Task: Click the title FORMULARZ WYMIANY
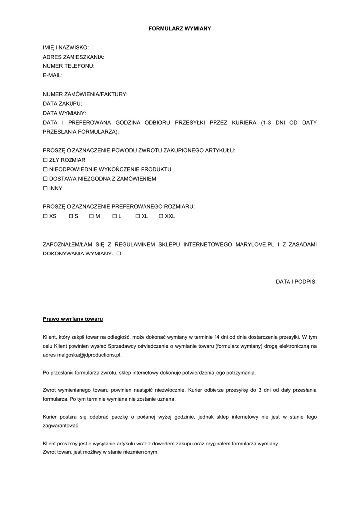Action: coord(180,29)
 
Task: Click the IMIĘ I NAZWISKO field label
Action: coord(66,48)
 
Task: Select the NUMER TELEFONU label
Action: coord(69,66)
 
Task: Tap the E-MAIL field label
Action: coord(53,75)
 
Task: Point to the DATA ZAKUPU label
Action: coord(63,104)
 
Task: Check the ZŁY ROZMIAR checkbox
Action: coord(45,160)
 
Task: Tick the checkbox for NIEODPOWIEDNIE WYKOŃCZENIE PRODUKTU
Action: coord(45,169)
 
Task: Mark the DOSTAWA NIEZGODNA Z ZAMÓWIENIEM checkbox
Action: coord(45,179)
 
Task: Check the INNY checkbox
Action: coord(45,188)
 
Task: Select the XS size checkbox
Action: coord(45,216)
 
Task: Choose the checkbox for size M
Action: coord(91,216)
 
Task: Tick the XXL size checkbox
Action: coord(161,216)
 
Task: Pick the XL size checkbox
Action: coord(138,216)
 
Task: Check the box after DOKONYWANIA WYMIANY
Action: coord(119,254)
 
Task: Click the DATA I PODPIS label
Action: coord(296,282)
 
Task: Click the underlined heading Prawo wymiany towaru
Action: coord(73,319)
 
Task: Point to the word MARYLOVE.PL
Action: coord(255,244)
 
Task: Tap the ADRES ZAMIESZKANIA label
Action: coord(73,57)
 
